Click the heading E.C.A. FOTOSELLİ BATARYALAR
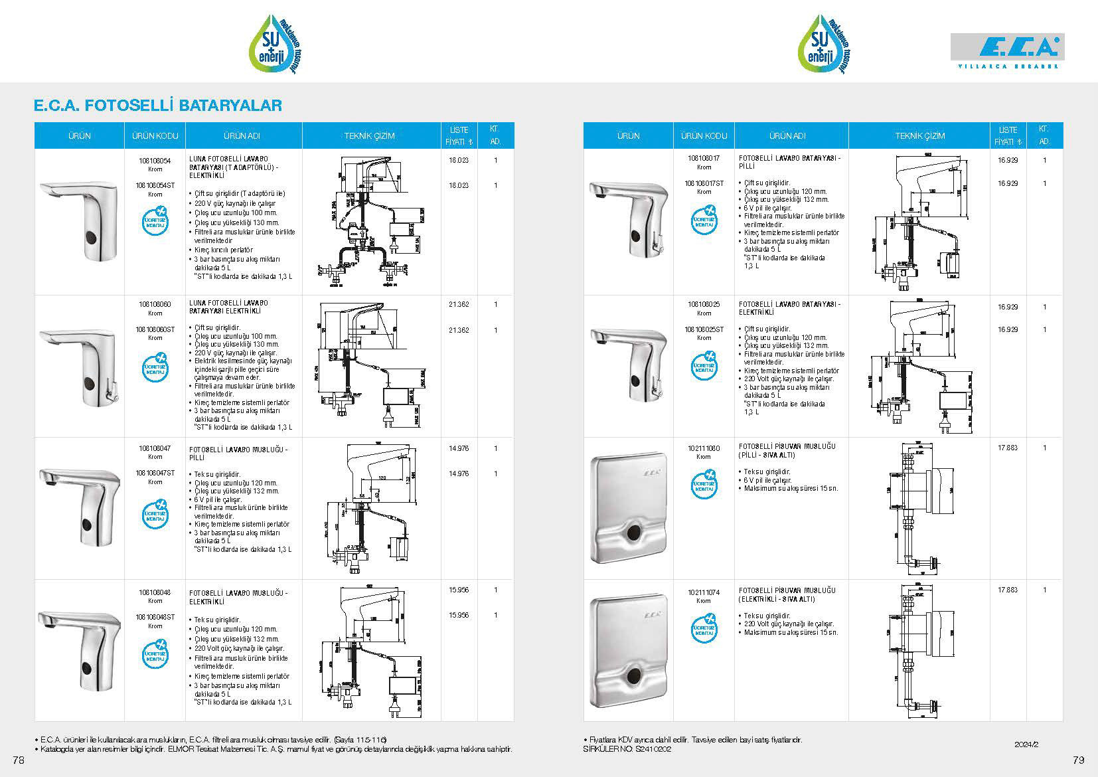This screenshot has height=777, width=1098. click(x=158, y=105)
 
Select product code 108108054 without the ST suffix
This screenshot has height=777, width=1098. click(x=155, y=161)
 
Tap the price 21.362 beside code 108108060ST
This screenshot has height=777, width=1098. click(x=459, y=330)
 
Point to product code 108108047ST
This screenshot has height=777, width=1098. click(x=155, y=474)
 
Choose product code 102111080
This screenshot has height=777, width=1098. click(x=704, y=448)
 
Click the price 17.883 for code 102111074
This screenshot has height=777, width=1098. click(x=1007, y=590)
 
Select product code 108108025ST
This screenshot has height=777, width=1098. click(x=704, y=329)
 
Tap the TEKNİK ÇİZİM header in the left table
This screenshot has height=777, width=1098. click(x=369, y=136)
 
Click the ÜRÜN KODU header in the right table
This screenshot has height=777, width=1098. click(x=704, y=136)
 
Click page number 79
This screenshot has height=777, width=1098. click(x=1078, y=759)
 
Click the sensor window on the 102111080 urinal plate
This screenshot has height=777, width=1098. click(x=635, y=532)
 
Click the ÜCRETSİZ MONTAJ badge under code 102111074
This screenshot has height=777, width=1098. click(x=704, y=629)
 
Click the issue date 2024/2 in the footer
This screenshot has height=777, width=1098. click(x=1026, y=744)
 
